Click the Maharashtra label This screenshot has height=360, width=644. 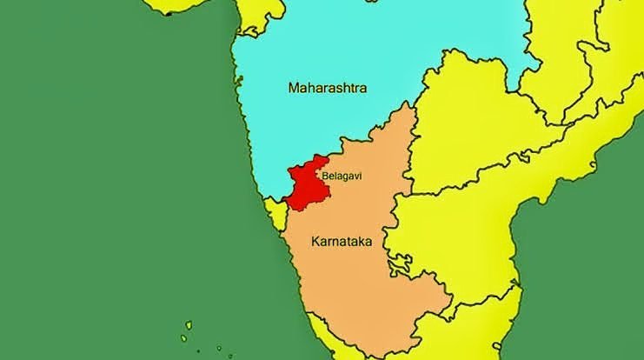click(x=328, y=88)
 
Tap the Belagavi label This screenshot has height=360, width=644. click(x=342, y=176)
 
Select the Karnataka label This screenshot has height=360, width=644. click(x=341, y=242)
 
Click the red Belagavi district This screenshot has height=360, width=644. click(x=304, y=184)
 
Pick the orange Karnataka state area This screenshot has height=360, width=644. click(x=365, y=278)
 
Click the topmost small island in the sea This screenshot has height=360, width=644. click(x=189, y=326)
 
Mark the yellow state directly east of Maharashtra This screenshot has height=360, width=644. click(x=469, y=139)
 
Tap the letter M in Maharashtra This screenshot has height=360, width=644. click(x=293, y=88)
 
